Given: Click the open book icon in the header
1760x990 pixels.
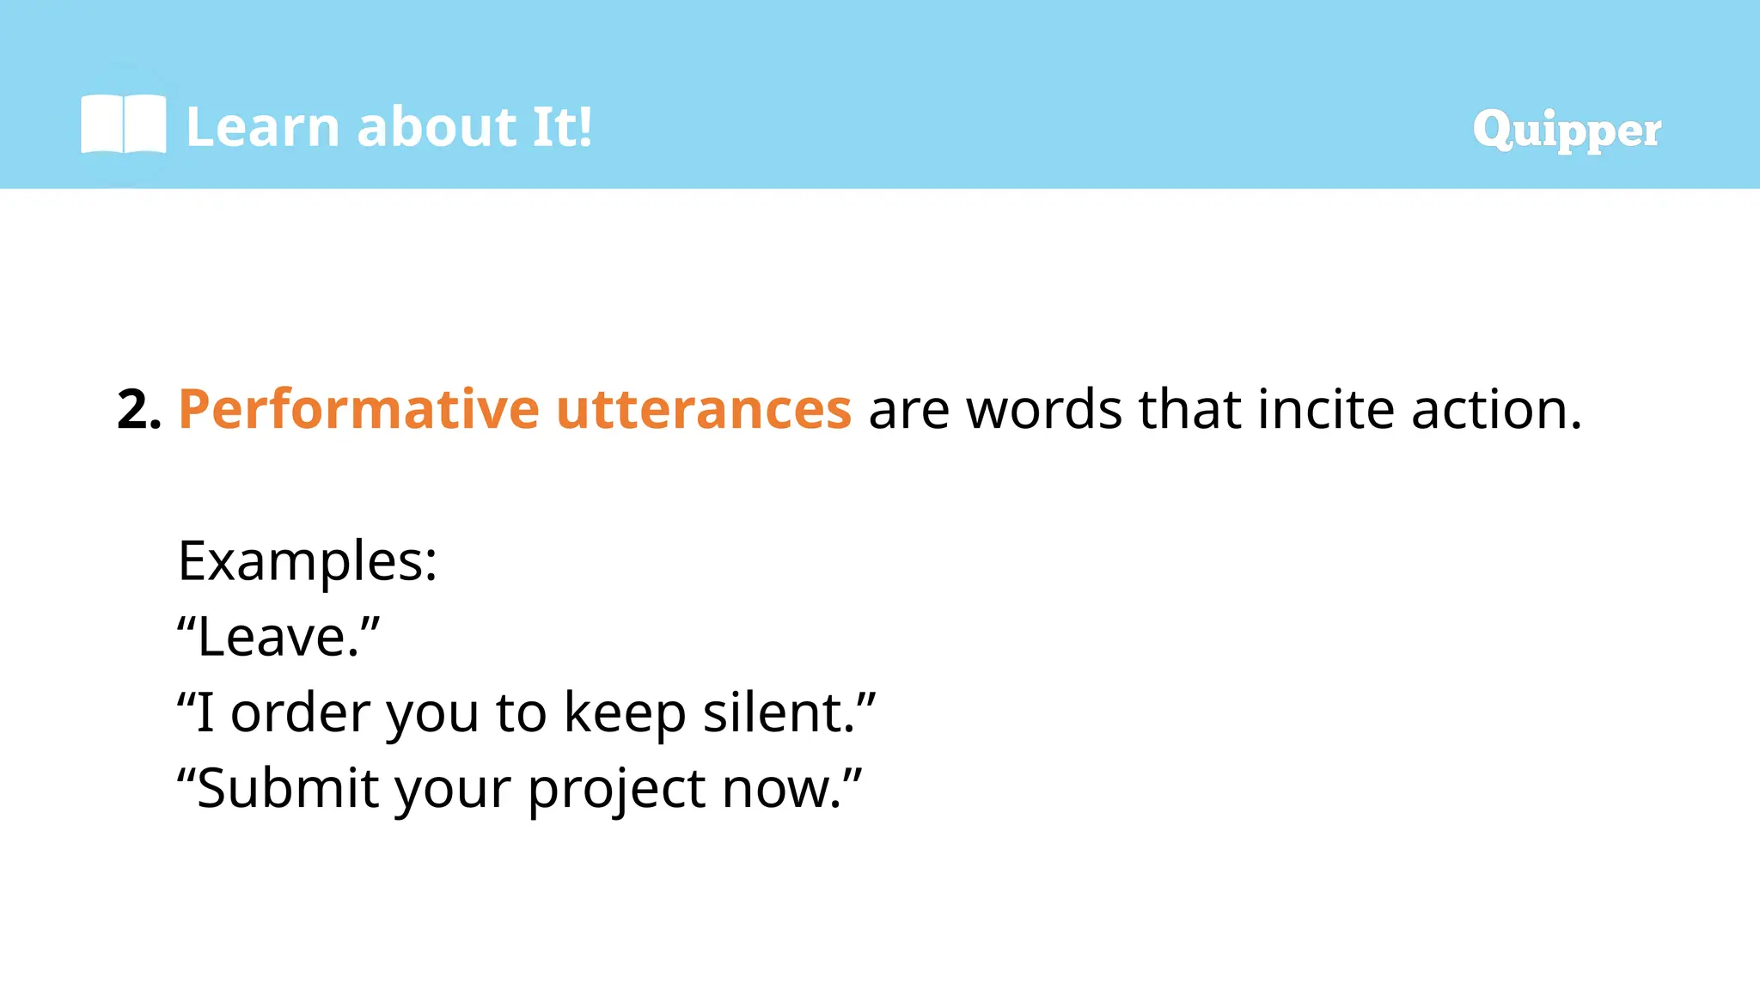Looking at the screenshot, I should pos(123,125).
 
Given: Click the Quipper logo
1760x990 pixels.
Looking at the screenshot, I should pos(1566,131).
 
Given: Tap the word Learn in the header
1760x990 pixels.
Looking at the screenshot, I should pos(263,127).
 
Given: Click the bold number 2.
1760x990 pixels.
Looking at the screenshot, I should pos(137,409).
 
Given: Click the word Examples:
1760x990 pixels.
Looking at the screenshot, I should pos(308,561).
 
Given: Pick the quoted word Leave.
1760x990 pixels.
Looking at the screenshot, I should pos(278,637).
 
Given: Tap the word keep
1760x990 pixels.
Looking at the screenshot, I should pos(625,712).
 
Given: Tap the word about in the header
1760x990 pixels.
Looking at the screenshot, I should pos(436,127).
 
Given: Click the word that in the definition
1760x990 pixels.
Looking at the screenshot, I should pos(1189,409).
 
